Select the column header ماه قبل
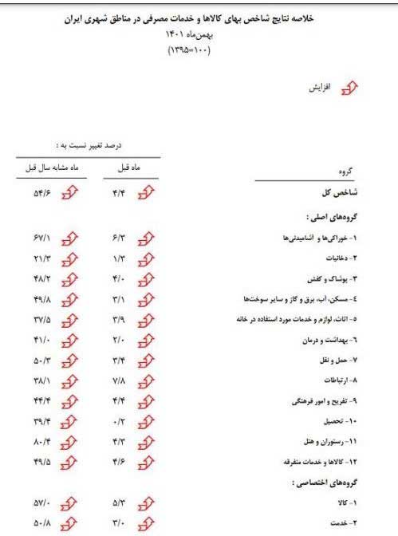coord(128,168)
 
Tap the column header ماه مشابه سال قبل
coord(47,168)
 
